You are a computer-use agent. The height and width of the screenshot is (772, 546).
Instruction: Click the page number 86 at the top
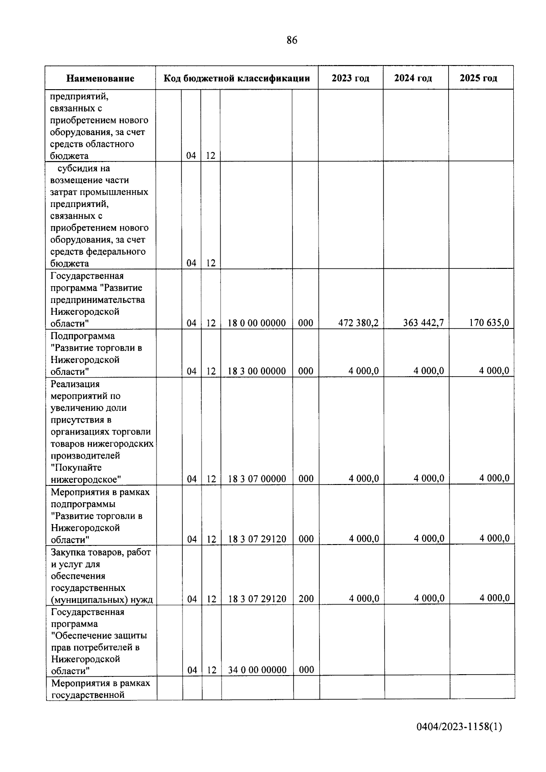point(292,40)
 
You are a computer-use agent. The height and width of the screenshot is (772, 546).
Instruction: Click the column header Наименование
point(100,78)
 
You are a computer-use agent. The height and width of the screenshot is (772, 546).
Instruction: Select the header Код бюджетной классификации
point(237,78)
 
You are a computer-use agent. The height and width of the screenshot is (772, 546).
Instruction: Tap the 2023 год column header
point(350,78)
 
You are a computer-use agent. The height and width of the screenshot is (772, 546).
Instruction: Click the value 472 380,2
point(358,323)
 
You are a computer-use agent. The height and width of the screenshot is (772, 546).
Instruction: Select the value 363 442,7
point(423,323)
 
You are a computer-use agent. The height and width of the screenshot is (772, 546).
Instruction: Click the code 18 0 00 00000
point(257,323)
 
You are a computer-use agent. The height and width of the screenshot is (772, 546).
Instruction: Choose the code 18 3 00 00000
point(257,371)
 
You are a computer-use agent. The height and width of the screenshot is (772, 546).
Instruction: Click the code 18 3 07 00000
point(257,479)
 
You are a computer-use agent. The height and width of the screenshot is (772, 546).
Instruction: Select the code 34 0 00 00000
point(258,670)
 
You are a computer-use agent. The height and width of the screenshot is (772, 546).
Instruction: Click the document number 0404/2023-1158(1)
point(459,727)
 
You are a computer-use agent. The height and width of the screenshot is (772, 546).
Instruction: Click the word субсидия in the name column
point(77,169)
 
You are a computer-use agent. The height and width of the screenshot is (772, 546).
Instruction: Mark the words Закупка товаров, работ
point(101,552)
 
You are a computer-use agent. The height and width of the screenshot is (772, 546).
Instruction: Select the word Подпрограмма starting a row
point(82,336)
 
